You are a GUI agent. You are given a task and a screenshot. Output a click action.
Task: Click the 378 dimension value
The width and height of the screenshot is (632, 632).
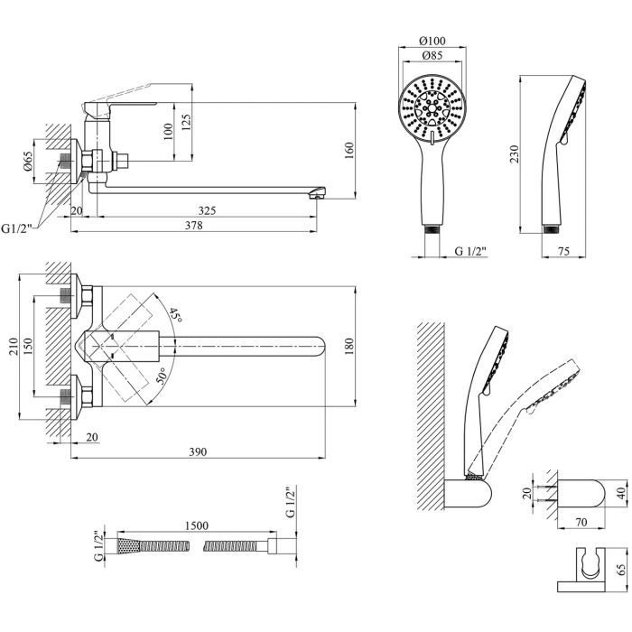pos(207,225)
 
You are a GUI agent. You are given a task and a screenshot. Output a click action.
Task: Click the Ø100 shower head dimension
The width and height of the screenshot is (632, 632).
pos(434,42)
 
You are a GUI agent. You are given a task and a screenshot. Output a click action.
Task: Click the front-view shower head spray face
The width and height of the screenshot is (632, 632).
pos(433,111)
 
